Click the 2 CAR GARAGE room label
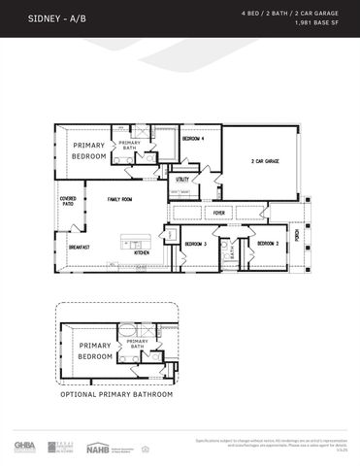(x=265, y=161)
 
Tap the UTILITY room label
(x=182, y=179)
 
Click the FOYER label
(x=219, y=212)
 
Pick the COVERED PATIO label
(x=68, y=201)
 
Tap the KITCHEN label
(x=142, y=252)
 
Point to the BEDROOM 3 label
(x=196, y=243)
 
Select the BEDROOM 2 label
(x=268, y=243)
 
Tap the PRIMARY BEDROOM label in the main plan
(x=87, y=150)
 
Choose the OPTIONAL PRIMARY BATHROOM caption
(x=116, y=394)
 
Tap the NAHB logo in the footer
(x=98, y=446)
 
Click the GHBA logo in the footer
(x=24, y=446)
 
